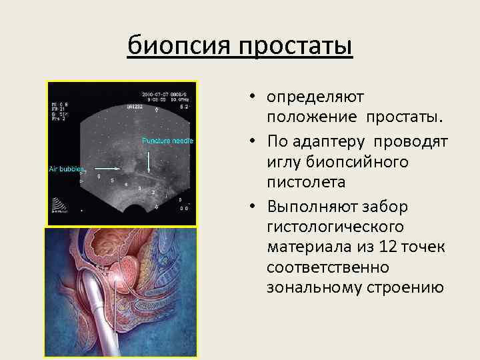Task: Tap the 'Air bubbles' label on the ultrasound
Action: [x=65, y=169]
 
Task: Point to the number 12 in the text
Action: [x=383, y=247]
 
